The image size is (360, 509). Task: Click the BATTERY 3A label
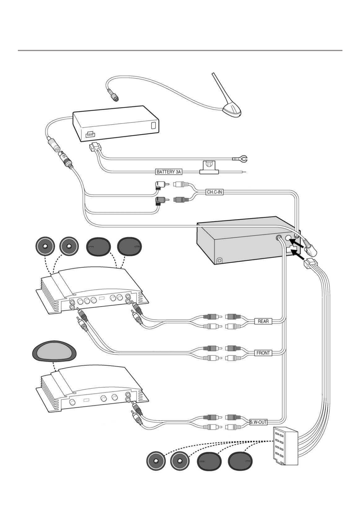[x=169, y=172]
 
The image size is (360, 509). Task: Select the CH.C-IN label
[x=214, y=192]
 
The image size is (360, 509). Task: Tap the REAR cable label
[x=263, y=321]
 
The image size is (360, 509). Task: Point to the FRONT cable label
[x=263, y=353]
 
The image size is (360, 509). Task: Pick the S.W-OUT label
[x=258, y=423]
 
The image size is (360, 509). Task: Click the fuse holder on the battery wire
[x=208, y=167]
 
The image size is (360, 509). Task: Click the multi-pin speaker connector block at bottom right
[x=286, y=446]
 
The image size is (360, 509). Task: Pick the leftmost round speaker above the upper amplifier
[x=45, y=246]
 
